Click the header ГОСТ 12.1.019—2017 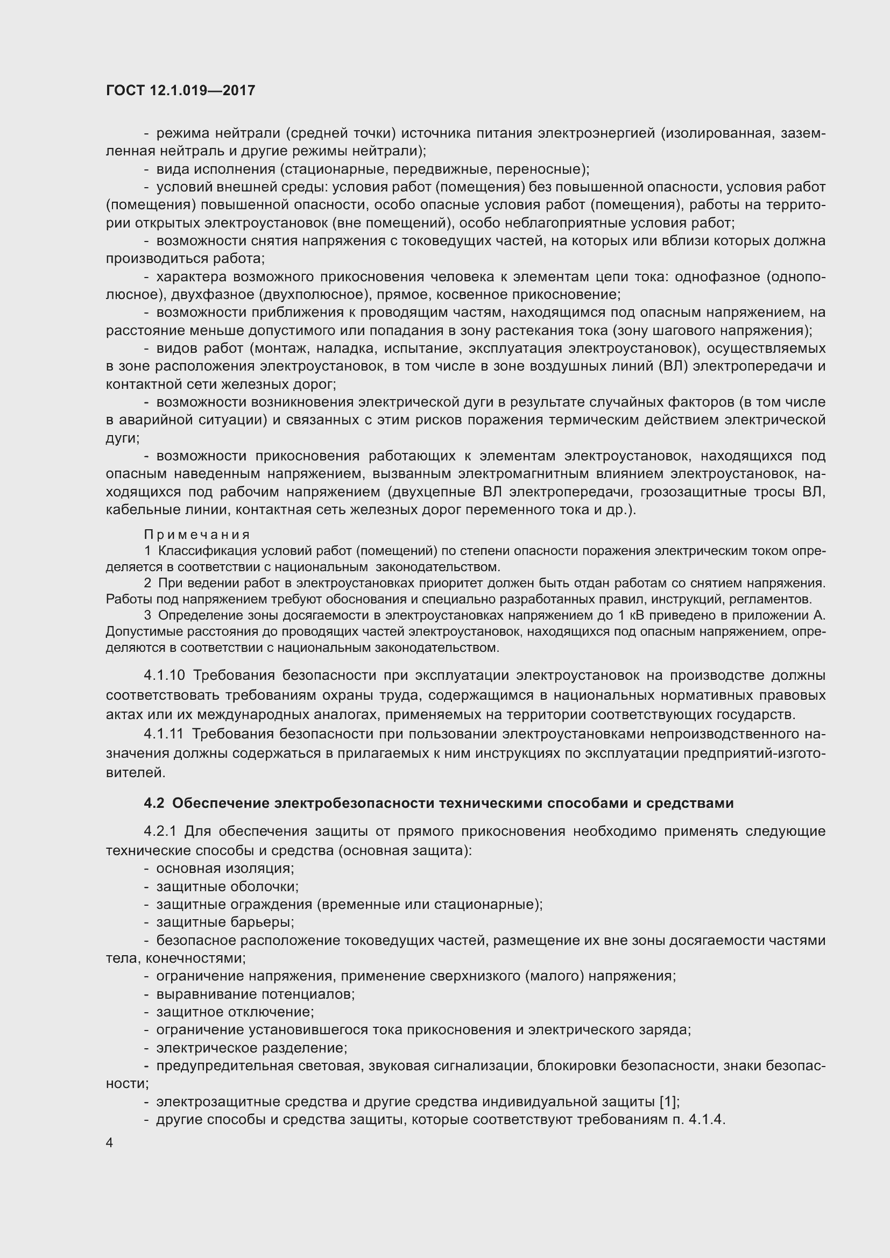coord(180,90)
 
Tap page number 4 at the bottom coord(110,1143)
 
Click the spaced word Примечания coord(197,534)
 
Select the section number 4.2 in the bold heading coord(154,804)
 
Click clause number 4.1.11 coord(164,734)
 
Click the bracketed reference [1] coord(669,1101)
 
